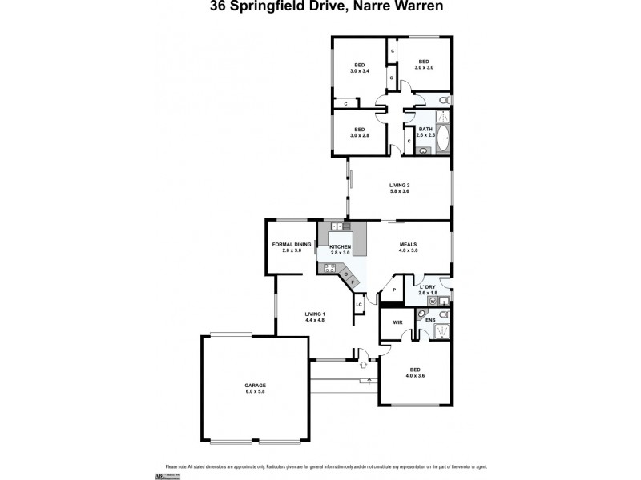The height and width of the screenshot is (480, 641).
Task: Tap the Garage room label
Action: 255,390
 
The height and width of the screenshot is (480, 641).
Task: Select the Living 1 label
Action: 314,317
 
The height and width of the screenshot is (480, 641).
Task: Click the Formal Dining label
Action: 291,247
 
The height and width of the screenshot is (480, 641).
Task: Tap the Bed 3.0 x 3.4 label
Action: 360,67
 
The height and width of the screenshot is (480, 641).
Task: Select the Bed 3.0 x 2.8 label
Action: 359,132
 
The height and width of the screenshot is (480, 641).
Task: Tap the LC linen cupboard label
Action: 359,305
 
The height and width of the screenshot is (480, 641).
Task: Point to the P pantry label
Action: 394,290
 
